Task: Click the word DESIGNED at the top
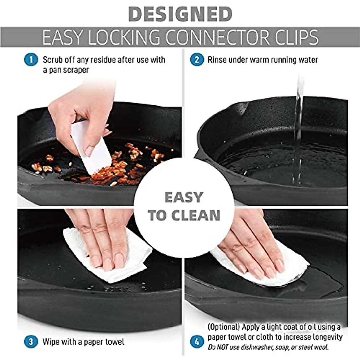point(180,14)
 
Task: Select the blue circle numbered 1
point(31,60)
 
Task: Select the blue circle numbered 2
point(197,60)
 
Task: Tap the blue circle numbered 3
point(31,342)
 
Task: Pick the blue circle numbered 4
point(197,342)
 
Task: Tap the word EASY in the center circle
point(184,198)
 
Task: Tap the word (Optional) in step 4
point(223,327)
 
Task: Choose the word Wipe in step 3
point(51,342)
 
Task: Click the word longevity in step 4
point(327,337)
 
